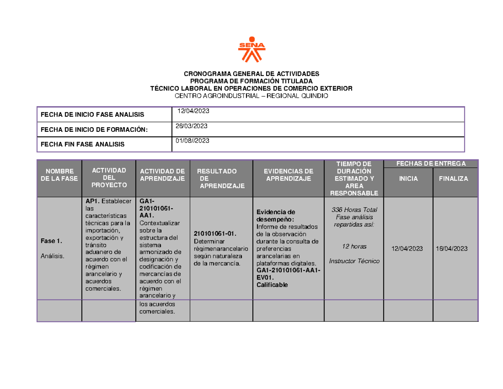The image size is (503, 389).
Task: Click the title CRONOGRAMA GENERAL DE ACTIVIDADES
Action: (x=251, y=73)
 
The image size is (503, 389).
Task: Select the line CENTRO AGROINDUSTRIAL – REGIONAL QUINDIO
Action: (x=251, y=96)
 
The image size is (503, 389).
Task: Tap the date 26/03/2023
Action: (x=192, y=126)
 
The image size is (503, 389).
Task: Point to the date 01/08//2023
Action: (x=192, y=141)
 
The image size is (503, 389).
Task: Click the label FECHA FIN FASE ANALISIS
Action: (x=83, y=144)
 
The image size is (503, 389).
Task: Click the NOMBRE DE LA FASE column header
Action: (x=60, y=175)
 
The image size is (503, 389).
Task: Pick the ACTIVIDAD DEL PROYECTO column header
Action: (x=109, y=178)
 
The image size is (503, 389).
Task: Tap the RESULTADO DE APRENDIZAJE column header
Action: (x=218, y=178)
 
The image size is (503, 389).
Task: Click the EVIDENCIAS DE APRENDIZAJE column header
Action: (x=289, y=175)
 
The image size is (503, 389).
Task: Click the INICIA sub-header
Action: (x=408, y=179)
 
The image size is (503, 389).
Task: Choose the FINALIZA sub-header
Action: (x=454, y=179)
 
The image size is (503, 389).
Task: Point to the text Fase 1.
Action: (x=52, y=241)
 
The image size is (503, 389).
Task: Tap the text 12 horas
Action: (x=354, y=246)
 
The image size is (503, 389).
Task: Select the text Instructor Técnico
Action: (x=354, y=261)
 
